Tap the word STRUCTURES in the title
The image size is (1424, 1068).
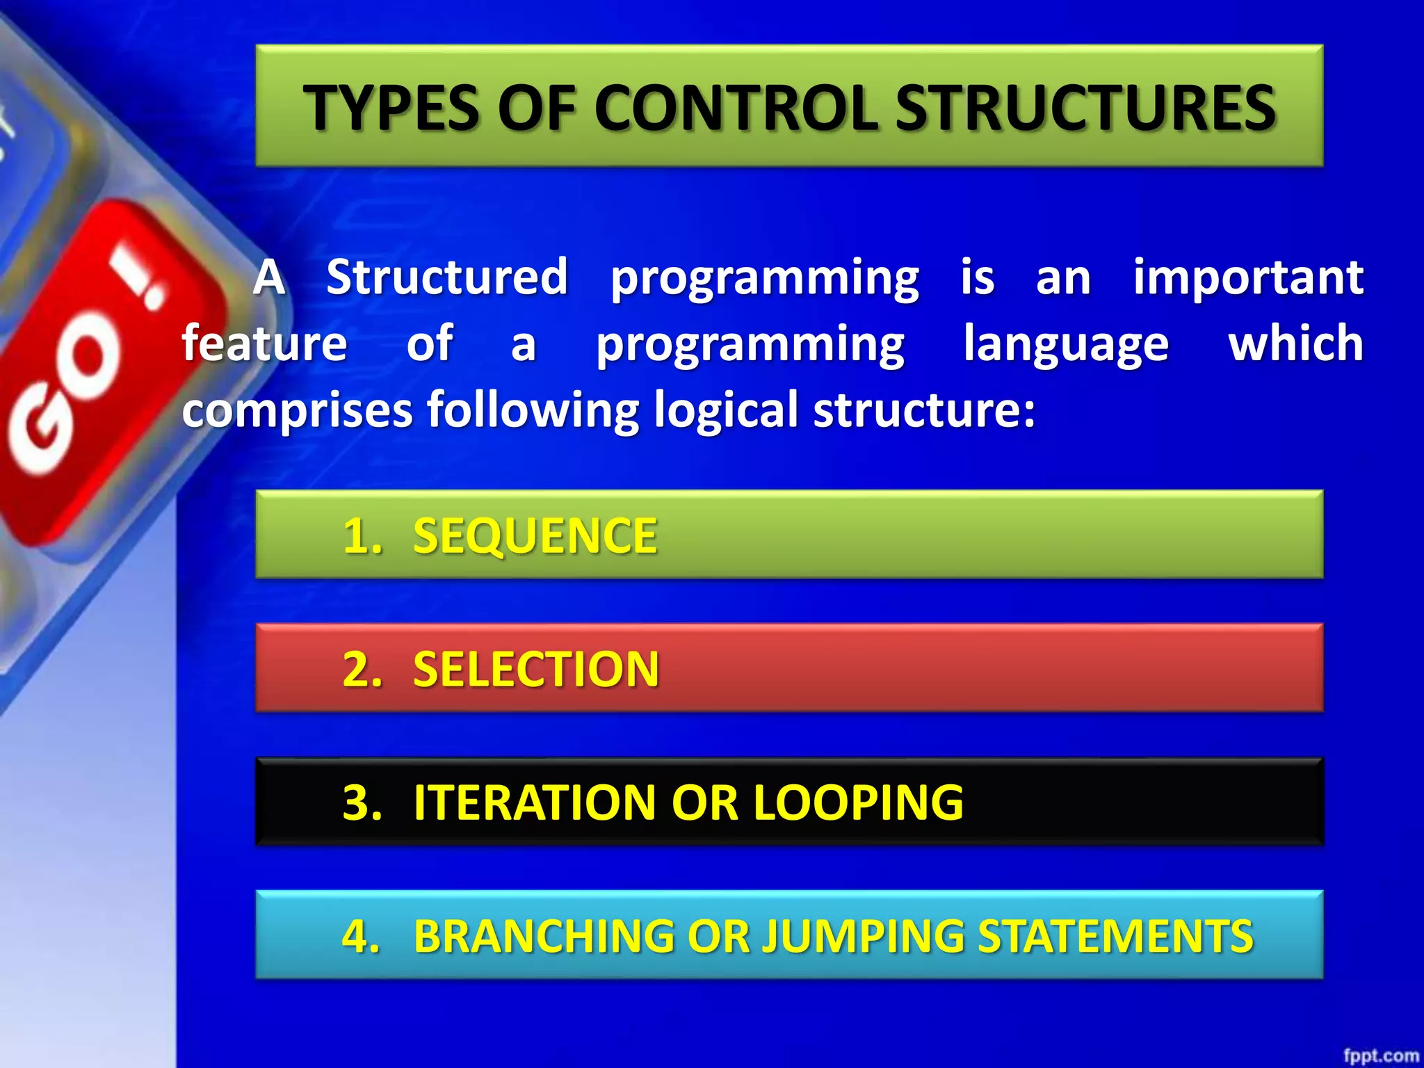click(1085, 108)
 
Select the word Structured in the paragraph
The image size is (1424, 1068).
click(447, 277)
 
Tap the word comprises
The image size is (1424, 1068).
click(298, 410)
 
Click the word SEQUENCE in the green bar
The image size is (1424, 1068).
click(535, 535)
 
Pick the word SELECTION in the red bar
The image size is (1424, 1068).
click(535, 669)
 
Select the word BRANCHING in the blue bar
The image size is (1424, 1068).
click(543, 936)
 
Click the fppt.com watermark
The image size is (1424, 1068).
click(1380, 1055)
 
